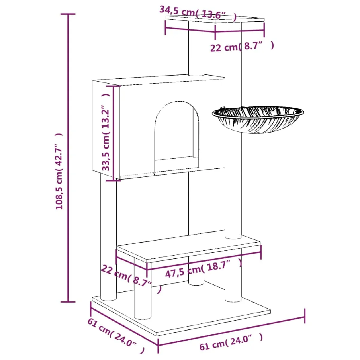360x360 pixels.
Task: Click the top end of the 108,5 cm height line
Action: (x=68, y=14)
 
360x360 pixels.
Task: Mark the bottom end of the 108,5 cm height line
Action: (x=68, y=302)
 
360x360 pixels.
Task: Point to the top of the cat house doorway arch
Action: (x=176, y=101)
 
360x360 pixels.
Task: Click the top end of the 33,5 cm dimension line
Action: (x=113, y=86)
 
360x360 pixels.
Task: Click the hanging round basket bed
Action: (x=258, y=119)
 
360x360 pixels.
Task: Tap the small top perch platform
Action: (x=215, y=19)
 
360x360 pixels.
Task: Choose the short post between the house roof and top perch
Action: (x=196, y=49)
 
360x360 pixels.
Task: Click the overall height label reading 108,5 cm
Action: (x=59, y=171)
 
